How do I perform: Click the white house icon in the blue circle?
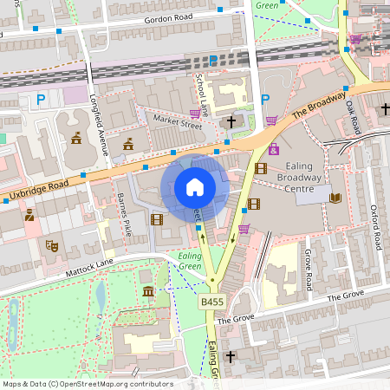tap(195, 187)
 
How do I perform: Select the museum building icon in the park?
tap(148, 290)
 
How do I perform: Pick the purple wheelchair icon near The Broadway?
tap(274, 148)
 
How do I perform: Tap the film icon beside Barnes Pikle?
tap(156, 219)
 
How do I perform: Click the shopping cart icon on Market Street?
tap(195, 114)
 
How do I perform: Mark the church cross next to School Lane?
tap(230, 122)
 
